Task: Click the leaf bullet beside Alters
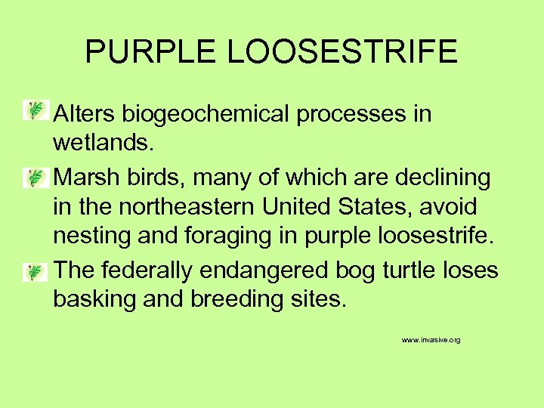pyautogui.click(x=35, y=111)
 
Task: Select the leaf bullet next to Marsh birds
pyautogui.click(x=35, y=178)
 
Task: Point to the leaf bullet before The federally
pyautogui.click(x=35, y=271)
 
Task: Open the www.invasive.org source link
pyautogui.click(x=431, y=341)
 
